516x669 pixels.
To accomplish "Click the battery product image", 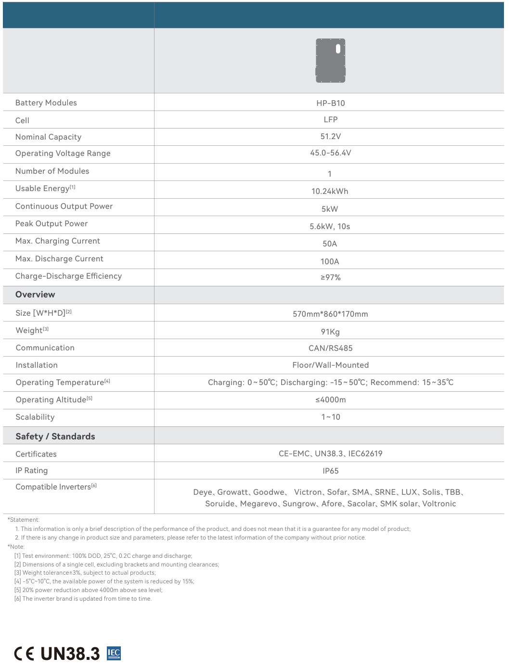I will pyautogui.click(x=330, y=61).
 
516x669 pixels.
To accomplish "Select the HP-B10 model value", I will pyautogui.click(x=330, y=103).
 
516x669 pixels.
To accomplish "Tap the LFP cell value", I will pyautogui.click(x=330, y=119).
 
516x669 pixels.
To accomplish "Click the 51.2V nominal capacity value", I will pyautogui.click(x=330, y=136).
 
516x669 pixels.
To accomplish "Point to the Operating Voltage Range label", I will pyautogui.click(x=63, y=153).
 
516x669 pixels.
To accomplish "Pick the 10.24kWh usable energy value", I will pyautogui.click(x=330, y=191).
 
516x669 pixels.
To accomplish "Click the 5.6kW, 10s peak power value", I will pyautogui.click(x=330, y=226).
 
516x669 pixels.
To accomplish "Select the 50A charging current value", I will pyautogui.click(x=330, y=244).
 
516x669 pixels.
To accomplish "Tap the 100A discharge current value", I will pyautogui.click(x=330, y=261).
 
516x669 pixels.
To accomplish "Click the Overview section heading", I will pyautogui.click(x=35, y=295).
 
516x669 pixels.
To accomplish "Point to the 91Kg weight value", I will pyautogui.click(x=330, y=332).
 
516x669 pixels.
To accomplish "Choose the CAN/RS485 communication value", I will pyautogui.click(x=330, y=348).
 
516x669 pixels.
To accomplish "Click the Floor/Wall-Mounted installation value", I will pyautogui.click(x=330, y=365).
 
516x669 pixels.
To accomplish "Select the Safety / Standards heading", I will pyautogui.click(x=55, y=437).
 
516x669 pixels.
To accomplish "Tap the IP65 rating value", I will pyautogui.click(x=330, y=471).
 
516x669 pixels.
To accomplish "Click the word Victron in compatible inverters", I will pyautogui.click(x=308, y=492).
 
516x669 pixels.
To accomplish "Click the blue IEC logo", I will pyautogui.click(x=114, y=653).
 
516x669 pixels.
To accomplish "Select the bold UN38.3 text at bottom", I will pyautogui.click(x=70, y=654).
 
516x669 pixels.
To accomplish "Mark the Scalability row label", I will pyautogui.click(x=35, y=417).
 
